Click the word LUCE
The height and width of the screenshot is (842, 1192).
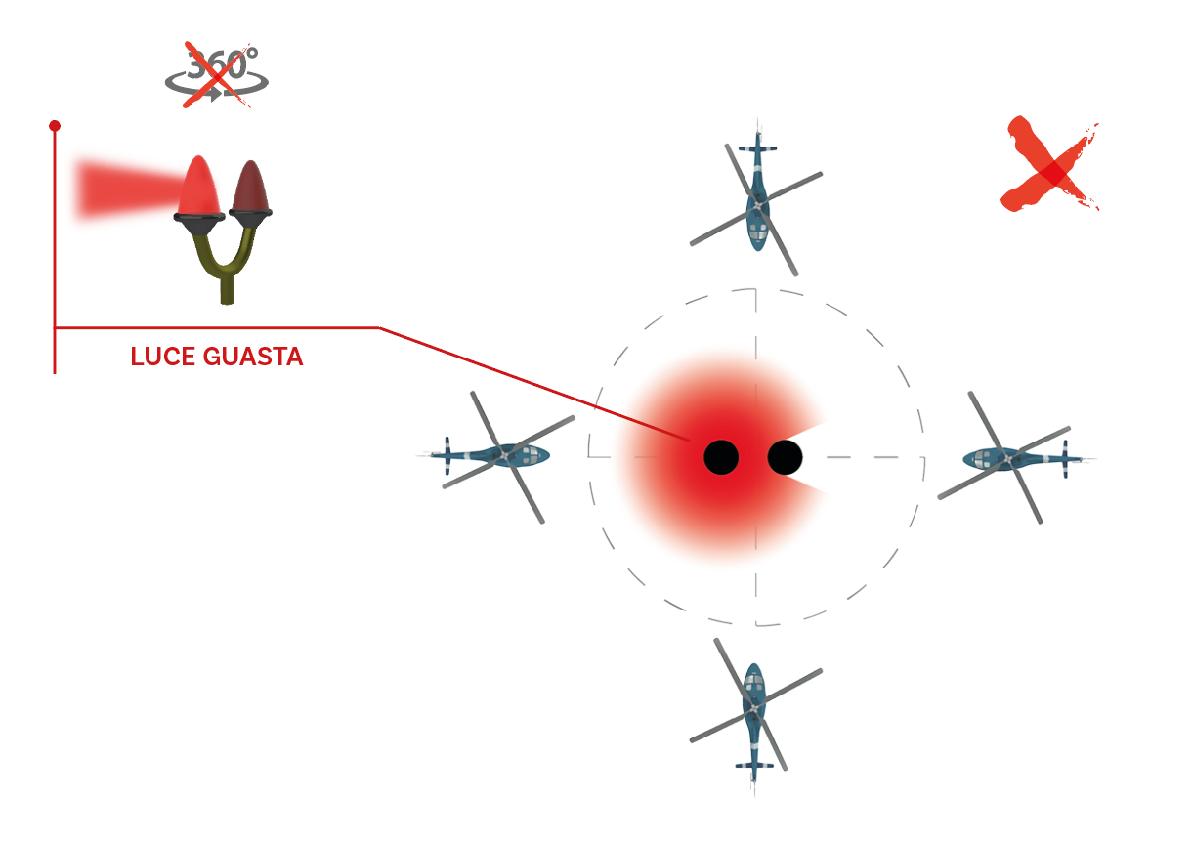tap(163, 357)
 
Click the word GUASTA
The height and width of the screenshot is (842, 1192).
tap(253, 357)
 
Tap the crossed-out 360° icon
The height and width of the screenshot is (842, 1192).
tap(217, 74)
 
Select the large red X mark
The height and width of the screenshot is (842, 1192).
tap(1050, 166)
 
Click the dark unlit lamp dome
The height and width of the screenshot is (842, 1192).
tap(251, 186)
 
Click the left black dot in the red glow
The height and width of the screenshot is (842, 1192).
tap(721, 457)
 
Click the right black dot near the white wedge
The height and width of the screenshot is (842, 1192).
tap(785, 457)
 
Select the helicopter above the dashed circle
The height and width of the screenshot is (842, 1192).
tap(756, 196)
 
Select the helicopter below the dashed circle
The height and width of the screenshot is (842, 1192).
tap(754, 714)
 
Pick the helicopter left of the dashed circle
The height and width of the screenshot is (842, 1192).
tap(496, 457)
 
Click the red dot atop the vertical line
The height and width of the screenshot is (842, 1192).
tap(55, 126)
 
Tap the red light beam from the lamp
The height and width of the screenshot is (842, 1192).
tap(128, 189)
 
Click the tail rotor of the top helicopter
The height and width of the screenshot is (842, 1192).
tap(758, 148)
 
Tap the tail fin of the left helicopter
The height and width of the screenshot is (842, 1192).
tap(447, 456)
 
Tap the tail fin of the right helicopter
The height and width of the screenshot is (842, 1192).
tap(1065, 458)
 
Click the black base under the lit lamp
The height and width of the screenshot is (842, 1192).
tap(199, 224)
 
